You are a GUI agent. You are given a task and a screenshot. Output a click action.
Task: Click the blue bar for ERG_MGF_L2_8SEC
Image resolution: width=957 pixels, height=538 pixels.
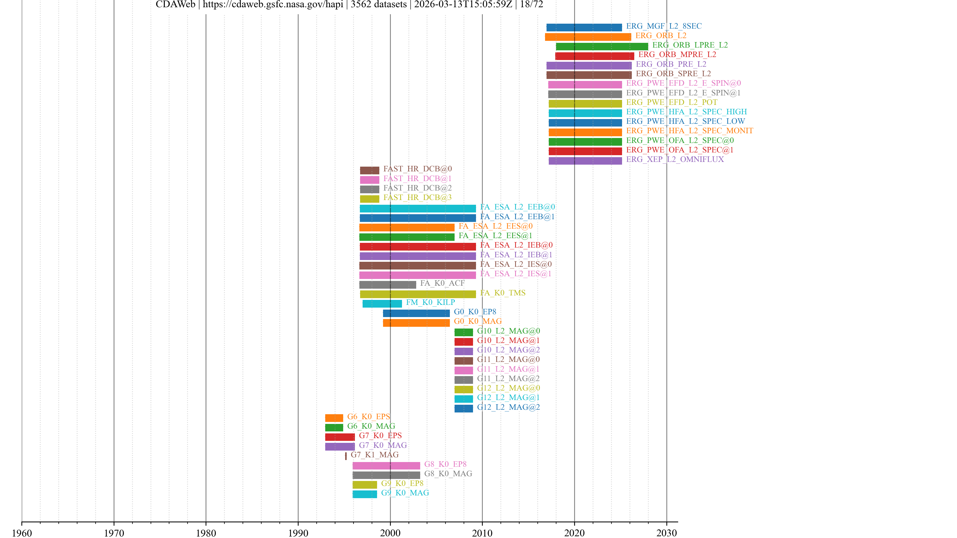click(584, 27)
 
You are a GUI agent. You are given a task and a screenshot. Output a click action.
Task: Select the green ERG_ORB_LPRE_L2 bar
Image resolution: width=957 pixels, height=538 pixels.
click(602, 46)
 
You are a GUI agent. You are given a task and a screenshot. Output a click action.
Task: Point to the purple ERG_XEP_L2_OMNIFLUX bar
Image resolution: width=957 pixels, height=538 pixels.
click(585, 161)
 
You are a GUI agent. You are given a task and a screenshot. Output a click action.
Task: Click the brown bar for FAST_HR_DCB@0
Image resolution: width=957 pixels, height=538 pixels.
click(369, 170)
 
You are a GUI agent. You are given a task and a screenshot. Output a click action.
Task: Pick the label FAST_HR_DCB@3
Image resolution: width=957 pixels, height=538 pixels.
click(417, 198)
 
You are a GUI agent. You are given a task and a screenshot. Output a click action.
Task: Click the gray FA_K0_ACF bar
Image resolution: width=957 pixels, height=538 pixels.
click(388, 285)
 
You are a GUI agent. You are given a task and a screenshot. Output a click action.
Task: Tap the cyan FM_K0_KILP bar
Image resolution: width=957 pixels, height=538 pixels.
click(382, 304)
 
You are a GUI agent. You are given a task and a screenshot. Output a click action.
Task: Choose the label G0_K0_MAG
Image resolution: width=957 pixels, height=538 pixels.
click(478, 321)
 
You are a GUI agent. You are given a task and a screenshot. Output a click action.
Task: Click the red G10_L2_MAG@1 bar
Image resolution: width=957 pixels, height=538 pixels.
click(464, 341)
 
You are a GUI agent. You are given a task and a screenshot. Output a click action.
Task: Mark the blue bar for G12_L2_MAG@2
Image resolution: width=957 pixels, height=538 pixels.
click(464, 408)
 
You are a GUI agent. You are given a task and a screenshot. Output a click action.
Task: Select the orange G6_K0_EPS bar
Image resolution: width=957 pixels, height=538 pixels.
click(334, 418)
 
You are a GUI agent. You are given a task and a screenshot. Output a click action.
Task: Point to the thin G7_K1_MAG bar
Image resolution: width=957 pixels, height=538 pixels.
click(346, 456)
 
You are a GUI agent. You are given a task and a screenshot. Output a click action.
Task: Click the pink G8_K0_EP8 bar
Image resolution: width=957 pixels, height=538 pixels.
click(386, 466)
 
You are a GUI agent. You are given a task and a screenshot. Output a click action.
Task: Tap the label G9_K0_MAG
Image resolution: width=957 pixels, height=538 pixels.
click(405, 493)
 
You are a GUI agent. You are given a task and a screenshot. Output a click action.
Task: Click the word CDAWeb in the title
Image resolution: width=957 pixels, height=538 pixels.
click(175, 4)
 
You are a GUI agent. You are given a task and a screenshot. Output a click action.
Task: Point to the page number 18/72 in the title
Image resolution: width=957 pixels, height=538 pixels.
click(531, 4)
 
